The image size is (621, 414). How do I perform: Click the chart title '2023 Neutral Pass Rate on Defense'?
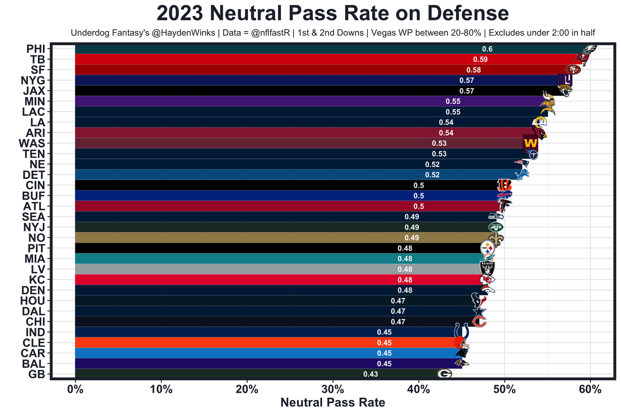pos(333,14)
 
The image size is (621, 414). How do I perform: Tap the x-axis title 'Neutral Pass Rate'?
pos(333,402)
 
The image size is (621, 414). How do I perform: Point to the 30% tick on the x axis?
pos(333,389)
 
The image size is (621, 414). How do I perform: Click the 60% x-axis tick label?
pos(590,389)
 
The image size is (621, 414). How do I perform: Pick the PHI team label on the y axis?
pos(35,49)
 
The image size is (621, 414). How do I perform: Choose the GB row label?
pos(37,374)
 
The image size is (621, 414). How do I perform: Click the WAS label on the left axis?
pos(32,143)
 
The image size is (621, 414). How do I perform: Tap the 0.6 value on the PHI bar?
pos(487,49)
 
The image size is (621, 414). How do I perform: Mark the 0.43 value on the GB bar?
pos(371,374)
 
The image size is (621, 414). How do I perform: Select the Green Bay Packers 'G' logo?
pos(444,374)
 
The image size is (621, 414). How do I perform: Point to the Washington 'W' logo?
pos(530,144)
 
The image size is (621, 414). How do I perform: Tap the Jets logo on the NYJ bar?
pos(495,227)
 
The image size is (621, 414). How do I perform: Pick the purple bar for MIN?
pos(243,101)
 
